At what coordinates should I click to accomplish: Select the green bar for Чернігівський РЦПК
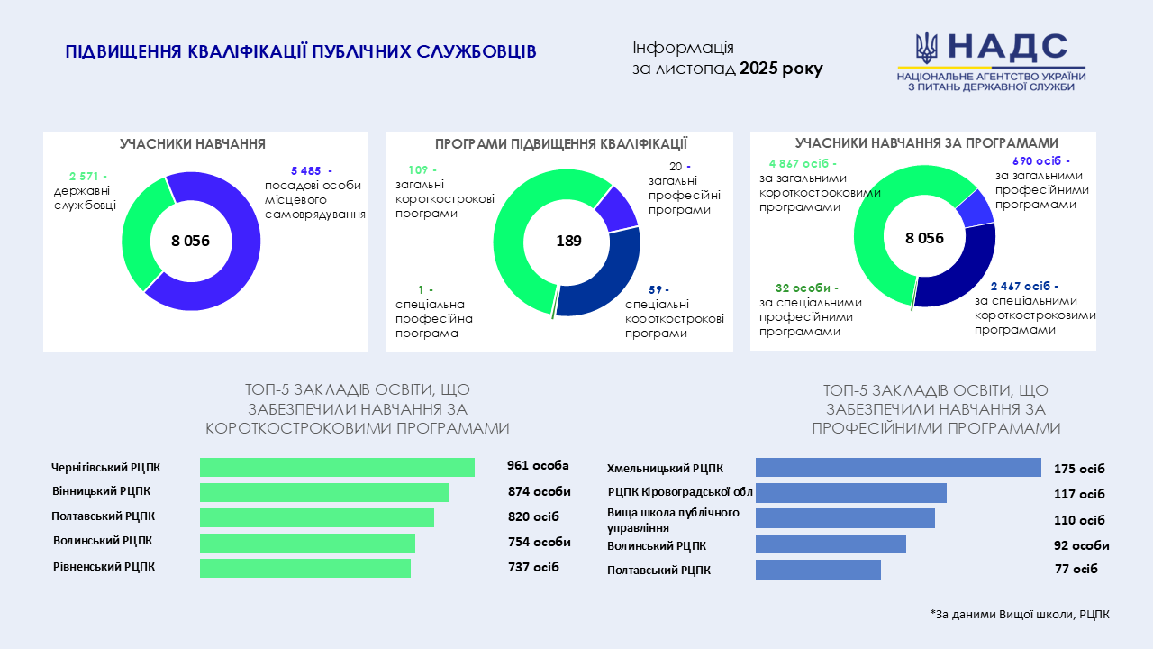[337, 467]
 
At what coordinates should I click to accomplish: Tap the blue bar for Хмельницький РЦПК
[898, 467]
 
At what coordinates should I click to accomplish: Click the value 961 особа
[538, 466]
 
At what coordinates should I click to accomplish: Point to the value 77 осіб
[1076, 569]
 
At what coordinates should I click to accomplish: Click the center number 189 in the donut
[568, 241]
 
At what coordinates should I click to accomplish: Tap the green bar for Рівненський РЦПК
[305, 568]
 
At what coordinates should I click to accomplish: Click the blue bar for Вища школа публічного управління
[845, 518]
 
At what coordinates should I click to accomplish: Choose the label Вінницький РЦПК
[101, 491]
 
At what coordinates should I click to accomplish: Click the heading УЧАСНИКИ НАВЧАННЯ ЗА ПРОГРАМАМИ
[926, 143]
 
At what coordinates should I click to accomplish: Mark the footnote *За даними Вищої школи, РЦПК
[1020, 614]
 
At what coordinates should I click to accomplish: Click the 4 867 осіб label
[802, 163]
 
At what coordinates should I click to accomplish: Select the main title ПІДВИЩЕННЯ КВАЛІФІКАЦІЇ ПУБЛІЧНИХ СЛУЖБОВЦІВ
[301, 52]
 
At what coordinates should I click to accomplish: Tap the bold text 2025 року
[781, 69]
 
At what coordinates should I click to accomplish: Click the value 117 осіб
[1079, 494]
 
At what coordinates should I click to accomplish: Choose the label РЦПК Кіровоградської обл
[680, 492]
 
